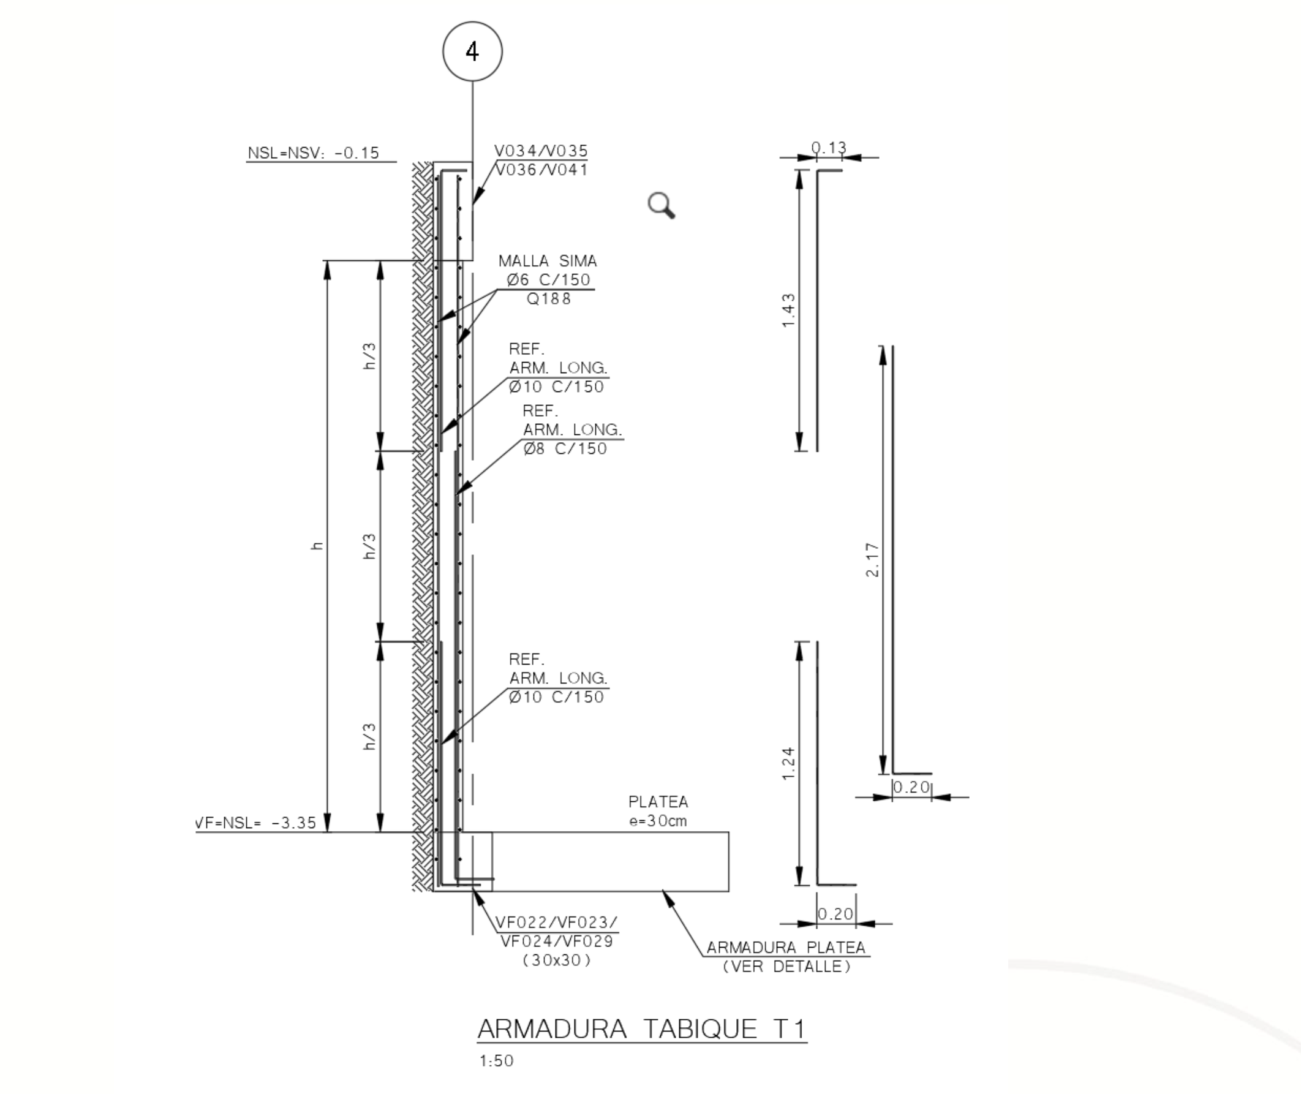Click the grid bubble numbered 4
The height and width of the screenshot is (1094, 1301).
(x=472, y=51)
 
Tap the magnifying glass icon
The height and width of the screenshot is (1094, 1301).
(x=661, y=205)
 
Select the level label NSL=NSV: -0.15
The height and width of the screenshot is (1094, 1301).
(x=313, y=153)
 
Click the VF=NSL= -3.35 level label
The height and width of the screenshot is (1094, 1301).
(x=255, y=823)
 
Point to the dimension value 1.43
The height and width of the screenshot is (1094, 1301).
(x=788, y=311)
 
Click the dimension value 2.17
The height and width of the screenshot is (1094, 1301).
(x=872, y=559)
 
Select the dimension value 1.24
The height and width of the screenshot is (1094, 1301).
(x=788, y=763)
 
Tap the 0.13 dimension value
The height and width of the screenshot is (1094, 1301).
(x=829, y=148)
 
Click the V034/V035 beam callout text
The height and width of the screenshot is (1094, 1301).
(x=541, y=151)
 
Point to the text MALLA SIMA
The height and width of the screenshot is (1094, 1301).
(x=548, y=260)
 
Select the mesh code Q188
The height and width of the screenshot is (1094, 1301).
(x=548, y=298)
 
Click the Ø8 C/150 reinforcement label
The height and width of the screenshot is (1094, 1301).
(x=565, y=448)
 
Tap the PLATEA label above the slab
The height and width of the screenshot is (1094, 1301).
(x=658, y=802)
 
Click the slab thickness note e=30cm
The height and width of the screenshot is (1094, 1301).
(x=658, y=821)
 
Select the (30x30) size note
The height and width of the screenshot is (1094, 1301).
(x=556, y=960)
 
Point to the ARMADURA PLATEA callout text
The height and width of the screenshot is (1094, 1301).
(x=786, y=947)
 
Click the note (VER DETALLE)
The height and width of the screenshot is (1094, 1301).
(x=786, y=966)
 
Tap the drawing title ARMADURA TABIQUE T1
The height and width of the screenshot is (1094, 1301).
(x=642, y=1029)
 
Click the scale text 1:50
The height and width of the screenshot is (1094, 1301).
(x=496, y=1060)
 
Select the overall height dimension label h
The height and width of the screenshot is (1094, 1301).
(x=317, y=546)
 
